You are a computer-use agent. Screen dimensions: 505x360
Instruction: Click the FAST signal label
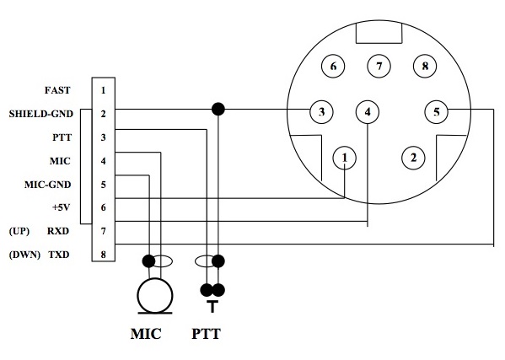(57, 90)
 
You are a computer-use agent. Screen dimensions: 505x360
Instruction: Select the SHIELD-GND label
(41, 114)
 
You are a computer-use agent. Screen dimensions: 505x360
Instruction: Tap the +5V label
(61, 207)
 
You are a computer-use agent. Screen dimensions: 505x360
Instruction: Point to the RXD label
(58, 231)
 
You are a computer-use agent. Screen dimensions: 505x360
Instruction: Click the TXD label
(59, 255)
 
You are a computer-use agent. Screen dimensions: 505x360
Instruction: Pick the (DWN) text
(24, 255)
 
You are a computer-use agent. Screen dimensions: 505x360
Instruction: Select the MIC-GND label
(48, 185)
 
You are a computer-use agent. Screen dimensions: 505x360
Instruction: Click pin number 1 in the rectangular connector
(103, 90)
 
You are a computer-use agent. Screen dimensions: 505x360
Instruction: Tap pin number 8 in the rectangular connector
(103, 255)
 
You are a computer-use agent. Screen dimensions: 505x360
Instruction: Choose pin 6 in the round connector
(333, 66)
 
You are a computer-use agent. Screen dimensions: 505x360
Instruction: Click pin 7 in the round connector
(379, 66)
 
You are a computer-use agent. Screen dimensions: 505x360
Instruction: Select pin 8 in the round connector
(425, 66)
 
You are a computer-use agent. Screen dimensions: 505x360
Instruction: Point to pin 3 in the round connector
(321, 112)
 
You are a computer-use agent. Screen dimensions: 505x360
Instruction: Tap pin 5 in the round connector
(437, 112)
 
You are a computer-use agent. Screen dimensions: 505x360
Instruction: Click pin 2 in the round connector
(414, 158)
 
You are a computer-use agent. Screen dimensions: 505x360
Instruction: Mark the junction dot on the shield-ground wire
(218, 109)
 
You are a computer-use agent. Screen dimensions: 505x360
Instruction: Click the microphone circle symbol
(155, 295)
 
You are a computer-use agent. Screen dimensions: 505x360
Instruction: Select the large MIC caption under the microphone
(146, 334)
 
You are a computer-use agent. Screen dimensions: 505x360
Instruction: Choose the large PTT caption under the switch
(206, 334)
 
